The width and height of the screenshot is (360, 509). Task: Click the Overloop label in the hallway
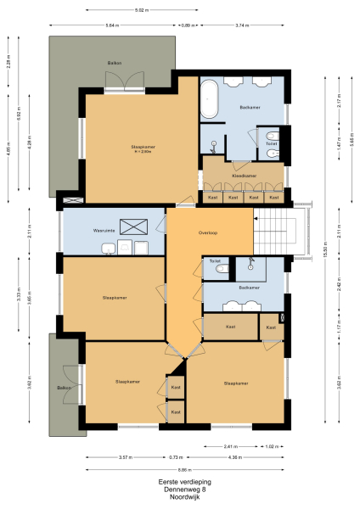pyautogui.click(x=209, y=232)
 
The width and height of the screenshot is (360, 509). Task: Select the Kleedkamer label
pyautogui.click(x=245, y=176)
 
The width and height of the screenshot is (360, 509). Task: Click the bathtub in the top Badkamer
pyautogui.click(x=210, y=102)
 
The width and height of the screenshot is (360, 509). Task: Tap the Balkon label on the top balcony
pyautogui.click(x=113, y=64)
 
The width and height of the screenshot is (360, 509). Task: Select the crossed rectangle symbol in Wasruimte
pyautogui.click(x=133, y=226)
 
